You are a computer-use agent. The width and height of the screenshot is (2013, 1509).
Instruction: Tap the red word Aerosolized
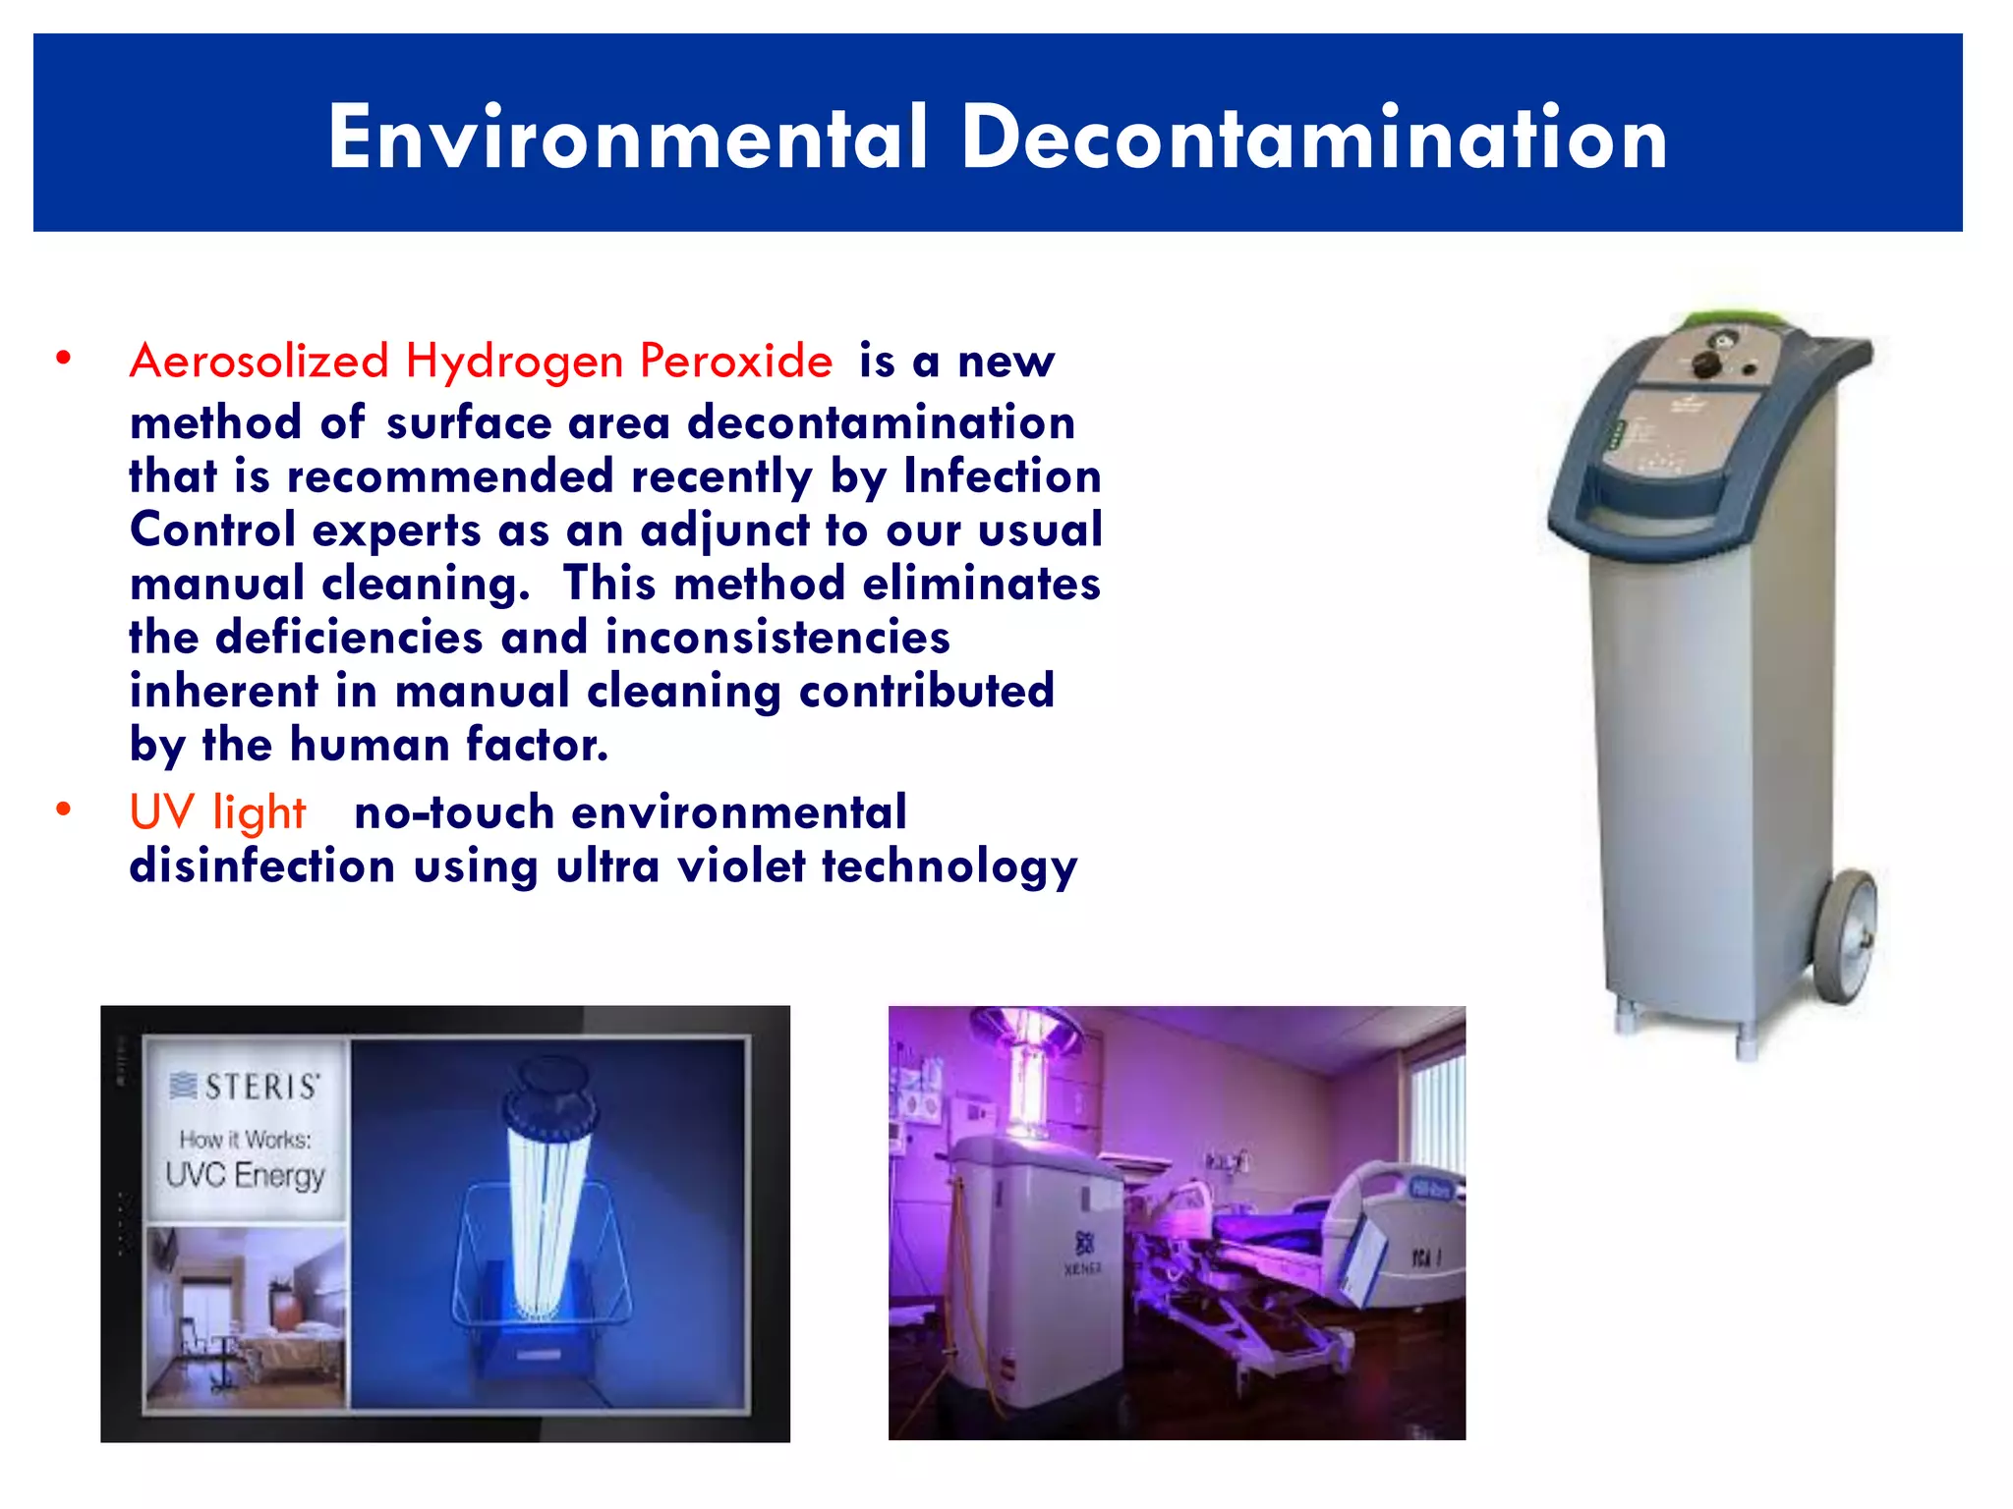(259, 361)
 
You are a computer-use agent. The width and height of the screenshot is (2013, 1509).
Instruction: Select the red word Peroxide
(736, 361)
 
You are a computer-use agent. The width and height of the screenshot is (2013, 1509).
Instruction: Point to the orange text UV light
(217, 813)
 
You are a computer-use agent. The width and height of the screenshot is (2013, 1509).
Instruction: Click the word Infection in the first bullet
(1002, 476)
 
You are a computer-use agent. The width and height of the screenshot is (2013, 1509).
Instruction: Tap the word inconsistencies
(777, 638)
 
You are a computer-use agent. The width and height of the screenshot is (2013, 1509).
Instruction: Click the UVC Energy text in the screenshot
(245, 1175)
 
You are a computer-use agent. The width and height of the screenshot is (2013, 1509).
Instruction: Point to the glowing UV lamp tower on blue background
(546, 1208)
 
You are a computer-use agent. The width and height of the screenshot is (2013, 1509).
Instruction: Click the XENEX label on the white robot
(1082, 1268)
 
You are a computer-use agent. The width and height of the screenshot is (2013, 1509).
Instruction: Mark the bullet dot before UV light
(64, 810)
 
